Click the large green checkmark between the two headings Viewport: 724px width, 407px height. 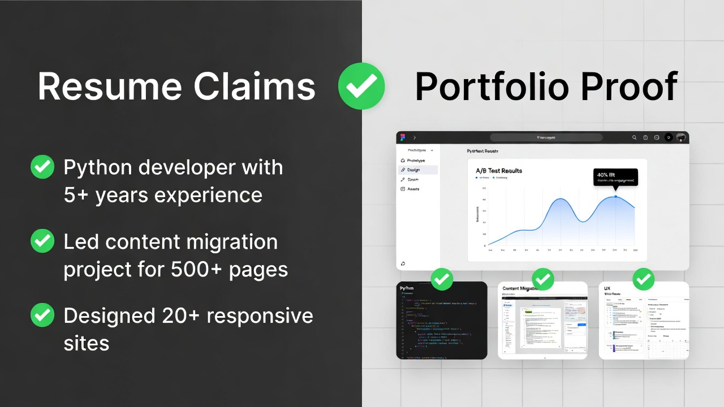click(x=361, y=86)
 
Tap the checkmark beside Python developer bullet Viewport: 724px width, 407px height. click(x=42, y=167)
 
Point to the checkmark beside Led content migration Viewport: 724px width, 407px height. click(x=42, y=241)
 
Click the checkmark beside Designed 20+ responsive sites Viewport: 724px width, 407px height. click(x=42, y=315)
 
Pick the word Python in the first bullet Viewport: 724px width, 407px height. click(x=97, y=168)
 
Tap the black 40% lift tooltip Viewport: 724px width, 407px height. click(x=615, y=177)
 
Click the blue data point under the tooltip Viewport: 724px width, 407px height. click(x=615, y=197)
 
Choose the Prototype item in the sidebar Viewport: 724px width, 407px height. click(x=416, y=161)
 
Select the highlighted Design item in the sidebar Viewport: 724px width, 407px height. click(x=413, y=170)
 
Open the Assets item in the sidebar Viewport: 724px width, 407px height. click(x=413, y=189)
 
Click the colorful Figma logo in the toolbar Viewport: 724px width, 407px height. click(x=403, y=137)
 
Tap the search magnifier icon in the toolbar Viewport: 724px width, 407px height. click(x=634, y=137)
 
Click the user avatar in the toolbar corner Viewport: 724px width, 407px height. click(x=680, y=137)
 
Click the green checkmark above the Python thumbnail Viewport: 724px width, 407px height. click(x=442, y=279)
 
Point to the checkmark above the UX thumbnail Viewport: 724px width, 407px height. click(x=643, y=279)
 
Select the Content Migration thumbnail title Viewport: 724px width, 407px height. click(x=520, y=288)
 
